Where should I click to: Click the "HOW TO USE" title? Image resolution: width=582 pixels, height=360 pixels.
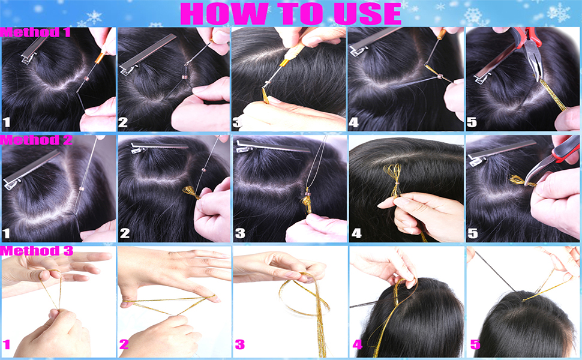pyautogui.click(x=290, y=13)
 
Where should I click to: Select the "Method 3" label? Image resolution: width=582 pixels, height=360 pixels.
pyautogui.click(x=36, y=251)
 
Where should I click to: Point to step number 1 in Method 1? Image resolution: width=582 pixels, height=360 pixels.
pyautogui.click(x=7, y=122)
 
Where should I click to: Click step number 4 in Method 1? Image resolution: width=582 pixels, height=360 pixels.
pyautogui.click(x=354, y=122)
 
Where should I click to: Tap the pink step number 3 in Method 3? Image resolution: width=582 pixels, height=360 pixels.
pyautogui.click(x=239, y=344)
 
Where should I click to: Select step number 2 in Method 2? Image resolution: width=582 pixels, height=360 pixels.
pyautogui.click(x=124, y=233)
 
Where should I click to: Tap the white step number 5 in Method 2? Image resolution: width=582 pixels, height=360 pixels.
pyautogui.click(x=472, y=233)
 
